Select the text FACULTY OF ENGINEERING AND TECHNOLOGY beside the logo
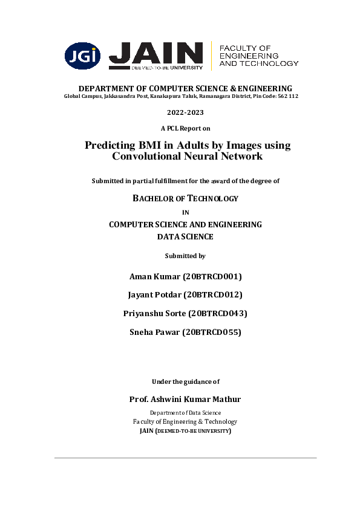[x=258, y=55]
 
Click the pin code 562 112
[x=287, y=97]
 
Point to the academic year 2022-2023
[x=185, y=113]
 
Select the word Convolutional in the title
[x=143, y=157]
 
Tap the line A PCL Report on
[x=185, y=128]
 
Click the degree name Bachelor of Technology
[x=185, y=198]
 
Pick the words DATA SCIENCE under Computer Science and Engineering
[x=185, y=237]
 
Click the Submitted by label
[x=185, y=256]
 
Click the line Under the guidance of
[x=185, y=381]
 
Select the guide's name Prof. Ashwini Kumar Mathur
[x=185, y=399]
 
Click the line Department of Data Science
[x=185, y=412]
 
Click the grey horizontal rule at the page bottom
[x=185, y=458]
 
